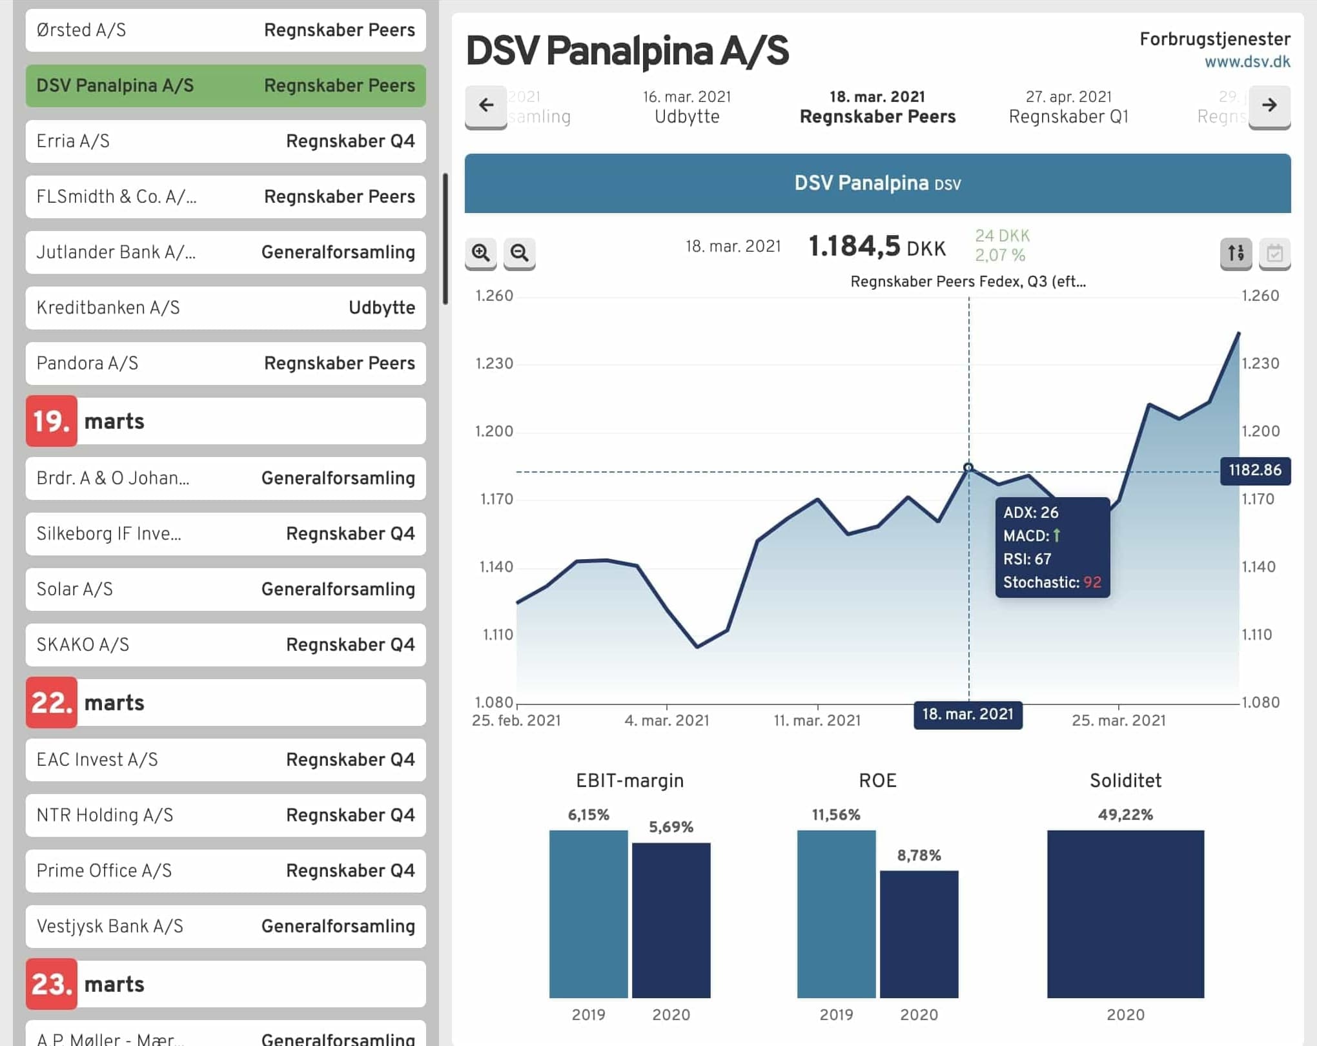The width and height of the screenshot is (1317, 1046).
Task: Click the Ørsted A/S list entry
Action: click(x=225, y=30)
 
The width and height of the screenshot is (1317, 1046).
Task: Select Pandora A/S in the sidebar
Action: click(x=225, y=364)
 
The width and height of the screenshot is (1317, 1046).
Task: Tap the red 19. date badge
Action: click(x=52, y=421)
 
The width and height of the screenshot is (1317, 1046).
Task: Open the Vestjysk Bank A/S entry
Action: click(x=225, y=927)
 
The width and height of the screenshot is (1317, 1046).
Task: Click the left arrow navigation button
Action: click(x=486, y=105)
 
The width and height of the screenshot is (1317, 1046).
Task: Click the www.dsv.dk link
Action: click(x=1247, y=62)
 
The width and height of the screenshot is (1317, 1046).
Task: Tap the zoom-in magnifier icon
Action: click(x=480, y=252)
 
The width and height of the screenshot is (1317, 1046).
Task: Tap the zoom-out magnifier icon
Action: click(x=519, y=252)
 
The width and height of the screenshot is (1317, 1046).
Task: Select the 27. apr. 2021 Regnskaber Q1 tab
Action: click(x=1068, y=107)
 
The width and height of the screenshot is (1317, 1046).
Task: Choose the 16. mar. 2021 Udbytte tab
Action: click(x=687, y=107)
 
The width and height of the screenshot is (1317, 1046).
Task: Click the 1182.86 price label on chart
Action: click(x=1254, y=470)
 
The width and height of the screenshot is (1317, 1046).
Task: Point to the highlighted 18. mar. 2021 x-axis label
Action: click(x=968, y=714)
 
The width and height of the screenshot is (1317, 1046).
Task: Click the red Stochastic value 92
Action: click(x=1092, y=582)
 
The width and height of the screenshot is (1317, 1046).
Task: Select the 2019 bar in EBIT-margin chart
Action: click(x=588, y=914)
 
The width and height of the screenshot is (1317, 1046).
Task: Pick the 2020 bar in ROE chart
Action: click(x=919, y=934)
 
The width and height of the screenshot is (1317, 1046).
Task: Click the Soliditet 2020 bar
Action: click(x=1125, y=914)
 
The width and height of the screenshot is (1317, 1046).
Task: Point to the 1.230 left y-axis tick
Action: click(x=494, y=364)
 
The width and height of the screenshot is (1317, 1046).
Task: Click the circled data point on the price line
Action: click(x=968, y=467)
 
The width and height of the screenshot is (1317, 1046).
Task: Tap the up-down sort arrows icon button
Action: click(x=1236, y=252)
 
